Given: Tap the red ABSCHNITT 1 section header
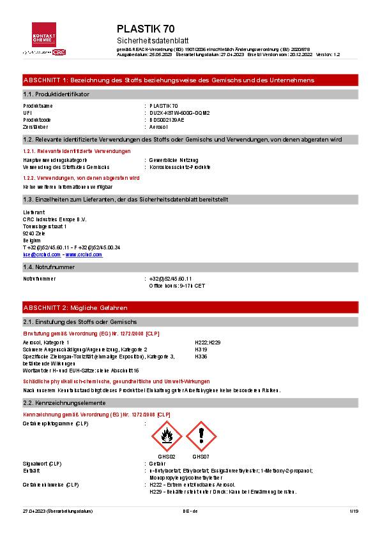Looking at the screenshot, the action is coord(168,80).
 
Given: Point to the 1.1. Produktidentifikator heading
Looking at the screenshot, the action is coord(56,94).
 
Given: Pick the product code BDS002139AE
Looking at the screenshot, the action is coord(166,119).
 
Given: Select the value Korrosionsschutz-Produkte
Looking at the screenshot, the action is coord(179,166).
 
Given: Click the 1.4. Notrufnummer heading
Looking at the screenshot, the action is coord(49,267).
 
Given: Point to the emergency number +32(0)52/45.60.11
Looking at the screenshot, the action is coord(171,279).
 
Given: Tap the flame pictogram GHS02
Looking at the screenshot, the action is coord(167,437).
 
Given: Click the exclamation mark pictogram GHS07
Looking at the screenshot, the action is coord(201,437).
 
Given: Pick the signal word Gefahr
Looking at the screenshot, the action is coord(157,463).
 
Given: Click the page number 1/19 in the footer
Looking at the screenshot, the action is coord(354,511).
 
